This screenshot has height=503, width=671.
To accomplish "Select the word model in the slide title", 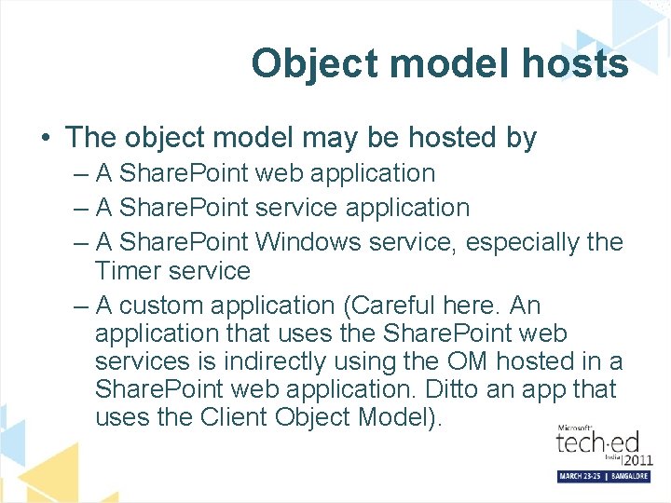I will tap(440, 64).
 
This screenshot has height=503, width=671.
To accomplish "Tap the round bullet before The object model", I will tap(45, 139).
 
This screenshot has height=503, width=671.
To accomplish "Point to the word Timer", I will tap(133, 271).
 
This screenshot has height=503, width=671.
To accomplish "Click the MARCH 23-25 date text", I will tap(579, 476).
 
